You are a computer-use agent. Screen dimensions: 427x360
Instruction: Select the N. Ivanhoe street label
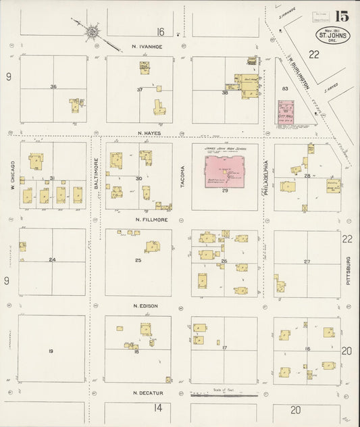pos(146,47)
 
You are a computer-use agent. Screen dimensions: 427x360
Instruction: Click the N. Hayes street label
pos(147,134)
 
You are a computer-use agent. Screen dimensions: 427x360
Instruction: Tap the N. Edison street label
pos(146,306)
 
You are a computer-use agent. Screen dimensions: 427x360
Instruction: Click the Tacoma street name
pos(182,176)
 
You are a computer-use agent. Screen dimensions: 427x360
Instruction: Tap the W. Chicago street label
pos(13,176)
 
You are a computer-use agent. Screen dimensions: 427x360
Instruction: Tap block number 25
pos(138,260)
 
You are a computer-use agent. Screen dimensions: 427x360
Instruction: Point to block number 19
pos(51,351)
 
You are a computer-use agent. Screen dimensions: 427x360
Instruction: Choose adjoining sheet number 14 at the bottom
pos(158,408)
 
